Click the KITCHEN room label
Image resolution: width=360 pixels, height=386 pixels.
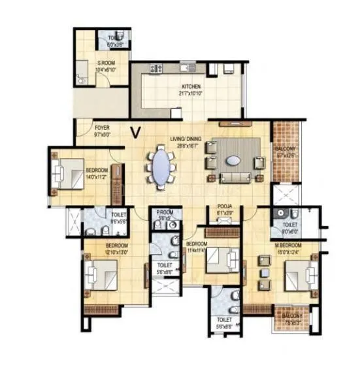pyautogui.click(x=191, y=86)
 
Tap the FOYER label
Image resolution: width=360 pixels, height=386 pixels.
pyautogui.click(x=101, y=128)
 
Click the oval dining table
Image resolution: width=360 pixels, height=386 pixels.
pyautogui.click(x=161, y=169)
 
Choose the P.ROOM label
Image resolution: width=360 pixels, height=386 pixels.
pyautogui.click(x=165, y=213)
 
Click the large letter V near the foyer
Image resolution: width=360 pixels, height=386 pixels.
pyautogui.click(x=135, y=133)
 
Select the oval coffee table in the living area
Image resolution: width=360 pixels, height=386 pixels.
pyautogui.click(x=233, y=160)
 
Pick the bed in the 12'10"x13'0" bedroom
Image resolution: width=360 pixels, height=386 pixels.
pyautogui.click(x=102, y=273)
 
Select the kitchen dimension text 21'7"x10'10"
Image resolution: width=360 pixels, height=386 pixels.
pyautogui.click(x=191, y=93)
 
